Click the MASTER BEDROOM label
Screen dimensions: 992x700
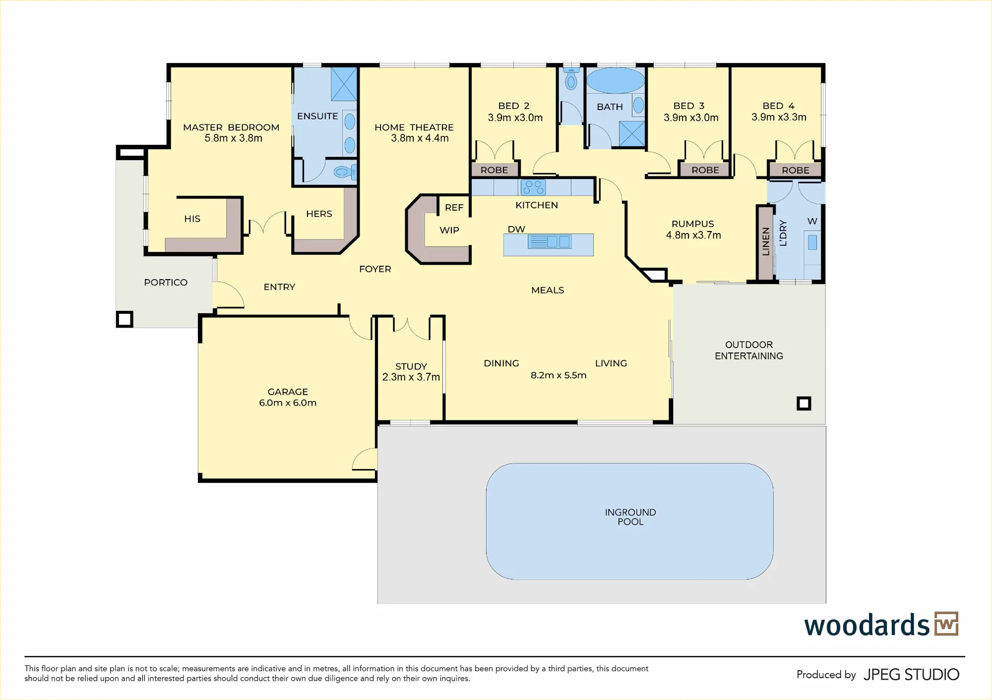pyautogui.click(x=231, y=127)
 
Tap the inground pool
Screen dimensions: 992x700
pyautogui.click(x=629, y=521)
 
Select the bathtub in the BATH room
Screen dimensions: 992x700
pyautogui.click(x=616, y=80)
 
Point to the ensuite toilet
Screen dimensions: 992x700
pyautogui.click(x=345, y=172)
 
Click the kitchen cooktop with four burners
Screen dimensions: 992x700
pyautogui.click(x=533, y=187)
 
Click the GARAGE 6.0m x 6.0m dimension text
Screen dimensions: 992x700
pyautogui.click(x=288, y=403)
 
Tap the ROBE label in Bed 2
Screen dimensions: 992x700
pyautogui.click(x=494, y=170)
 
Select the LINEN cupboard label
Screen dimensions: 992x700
pyautogui.click(x=765, y=241)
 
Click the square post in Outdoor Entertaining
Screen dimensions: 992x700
pyautogui.click(x=804, y=404)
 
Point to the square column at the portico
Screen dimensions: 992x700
pyautogui.click(x=124, y=319)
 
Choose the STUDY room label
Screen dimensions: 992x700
pyautogui.click(x=411, y=366)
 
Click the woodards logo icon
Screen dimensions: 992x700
pyautogui.click(x=946, y=624)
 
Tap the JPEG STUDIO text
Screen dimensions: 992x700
pyautogui.click(x=911, y=675)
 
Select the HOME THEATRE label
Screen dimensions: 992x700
pyautogui.click(x=414, y=127)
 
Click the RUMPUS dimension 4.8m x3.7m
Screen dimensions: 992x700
pyautogui.click(x=693, y=235)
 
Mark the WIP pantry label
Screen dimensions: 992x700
pyautogui.click(x=449, y=230)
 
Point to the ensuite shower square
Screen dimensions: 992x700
pyautogui.click(x=344, y=84)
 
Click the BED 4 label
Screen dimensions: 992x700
pyautogui.click(x=779, y=106)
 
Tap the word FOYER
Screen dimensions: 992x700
pyautogui.click(x=375, y=269)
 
